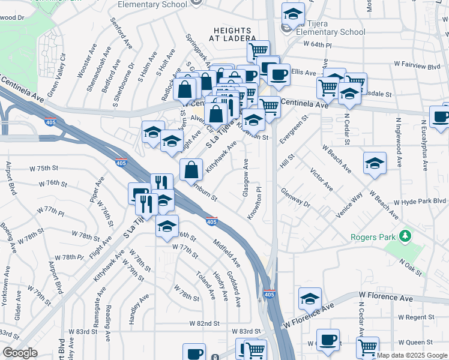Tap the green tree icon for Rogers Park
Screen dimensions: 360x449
pyautogui.click(x=406, y=235)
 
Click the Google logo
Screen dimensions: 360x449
pyautogui.click(x=20, y=353)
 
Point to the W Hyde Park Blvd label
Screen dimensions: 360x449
pyautogui.click(x=420, y=202)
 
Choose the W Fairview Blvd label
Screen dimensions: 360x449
pyautogui.click(x=418, y=65)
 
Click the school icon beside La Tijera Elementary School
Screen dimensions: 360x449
pyautogui.click(x=294, y=14)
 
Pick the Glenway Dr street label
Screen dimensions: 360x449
pyautogui.click(x=295, y=199)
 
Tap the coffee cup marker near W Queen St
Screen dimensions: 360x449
pyautogui.click(x=328, y=340)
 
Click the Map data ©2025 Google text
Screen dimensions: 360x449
pyautogui.click(x=412, y=355)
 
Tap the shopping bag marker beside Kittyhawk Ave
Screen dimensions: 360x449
pyautogui.click(x=191, y=170)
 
